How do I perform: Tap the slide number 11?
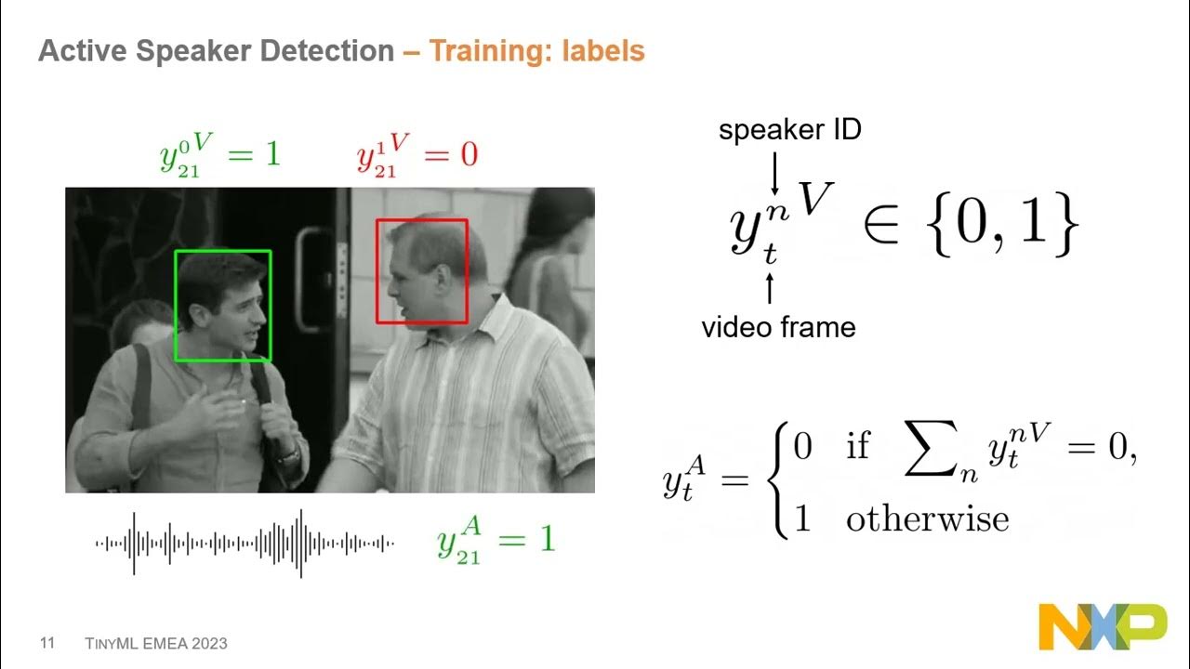[47, 643]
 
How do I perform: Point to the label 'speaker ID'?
[789, 130]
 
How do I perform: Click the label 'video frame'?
[778, 327]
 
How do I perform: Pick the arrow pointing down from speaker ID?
[774, 174]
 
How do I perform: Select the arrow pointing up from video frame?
[769, 287]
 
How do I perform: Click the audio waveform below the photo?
[245, 544]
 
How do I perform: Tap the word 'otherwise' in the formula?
[927, 518]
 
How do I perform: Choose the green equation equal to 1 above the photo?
[219, 154]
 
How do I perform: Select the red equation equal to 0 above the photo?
[416, 154]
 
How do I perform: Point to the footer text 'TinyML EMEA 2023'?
[156, 643]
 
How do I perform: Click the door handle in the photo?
[306, 279]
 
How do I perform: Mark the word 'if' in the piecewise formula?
[857, 447]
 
